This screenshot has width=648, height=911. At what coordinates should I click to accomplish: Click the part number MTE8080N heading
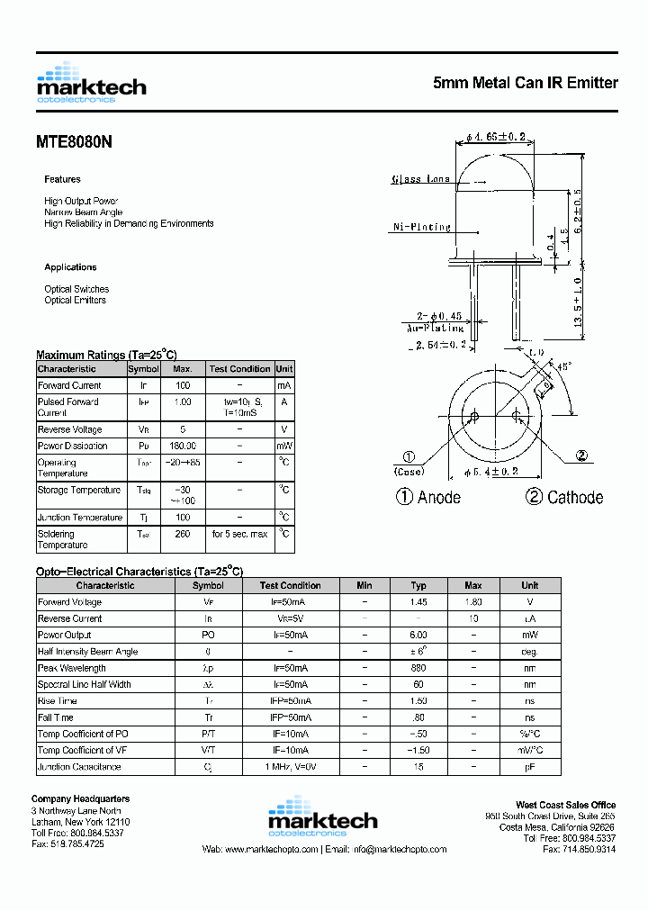[75, 141]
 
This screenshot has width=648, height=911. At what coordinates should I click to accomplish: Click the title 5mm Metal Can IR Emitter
[526, 83]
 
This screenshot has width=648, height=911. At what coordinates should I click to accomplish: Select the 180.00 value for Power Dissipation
[183, 446]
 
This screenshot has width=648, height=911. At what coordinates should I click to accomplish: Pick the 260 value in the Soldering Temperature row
[183, 534]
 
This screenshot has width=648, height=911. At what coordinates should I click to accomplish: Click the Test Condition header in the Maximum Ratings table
[239, 369]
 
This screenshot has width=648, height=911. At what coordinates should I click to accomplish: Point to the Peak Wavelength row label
[72, 668]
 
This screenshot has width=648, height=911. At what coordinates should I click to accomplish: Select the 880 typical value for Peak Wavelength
[418, 668]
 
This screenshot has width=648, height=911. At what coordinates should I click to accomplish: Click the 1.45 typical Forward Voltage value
[418, 602]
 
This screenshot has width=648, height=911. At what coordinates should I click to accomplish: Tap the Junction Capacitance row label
[79, 767]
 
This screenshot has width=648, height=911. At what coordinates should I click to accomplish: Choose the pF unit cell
[530, 767]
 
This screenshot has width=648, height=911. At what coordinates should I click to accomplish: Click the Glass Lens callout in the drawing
[420, 179]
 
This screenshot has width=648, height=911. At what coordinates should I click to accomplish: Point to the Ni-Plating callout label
[422, 227]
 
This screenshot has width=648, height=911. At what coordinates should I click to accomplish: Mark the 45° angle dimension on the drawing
[563, 367]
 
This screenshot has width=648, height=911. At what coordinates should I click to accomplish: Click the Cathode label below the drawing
[575, 497]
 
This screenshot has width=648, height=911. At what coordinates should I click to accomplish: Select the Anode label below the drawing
[439, 497]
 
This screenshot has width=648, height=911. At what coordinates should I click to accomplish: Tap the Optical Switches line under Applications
[76, 289]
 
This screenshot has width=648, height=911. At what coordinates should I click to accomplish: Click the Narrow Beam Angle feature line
[83, 212]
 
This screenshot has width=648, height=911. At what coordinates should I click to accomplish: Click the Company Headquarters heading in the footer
[80, 799]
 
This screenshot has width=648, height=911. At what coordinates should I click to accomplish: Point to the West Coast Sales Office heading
[565, 806]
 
